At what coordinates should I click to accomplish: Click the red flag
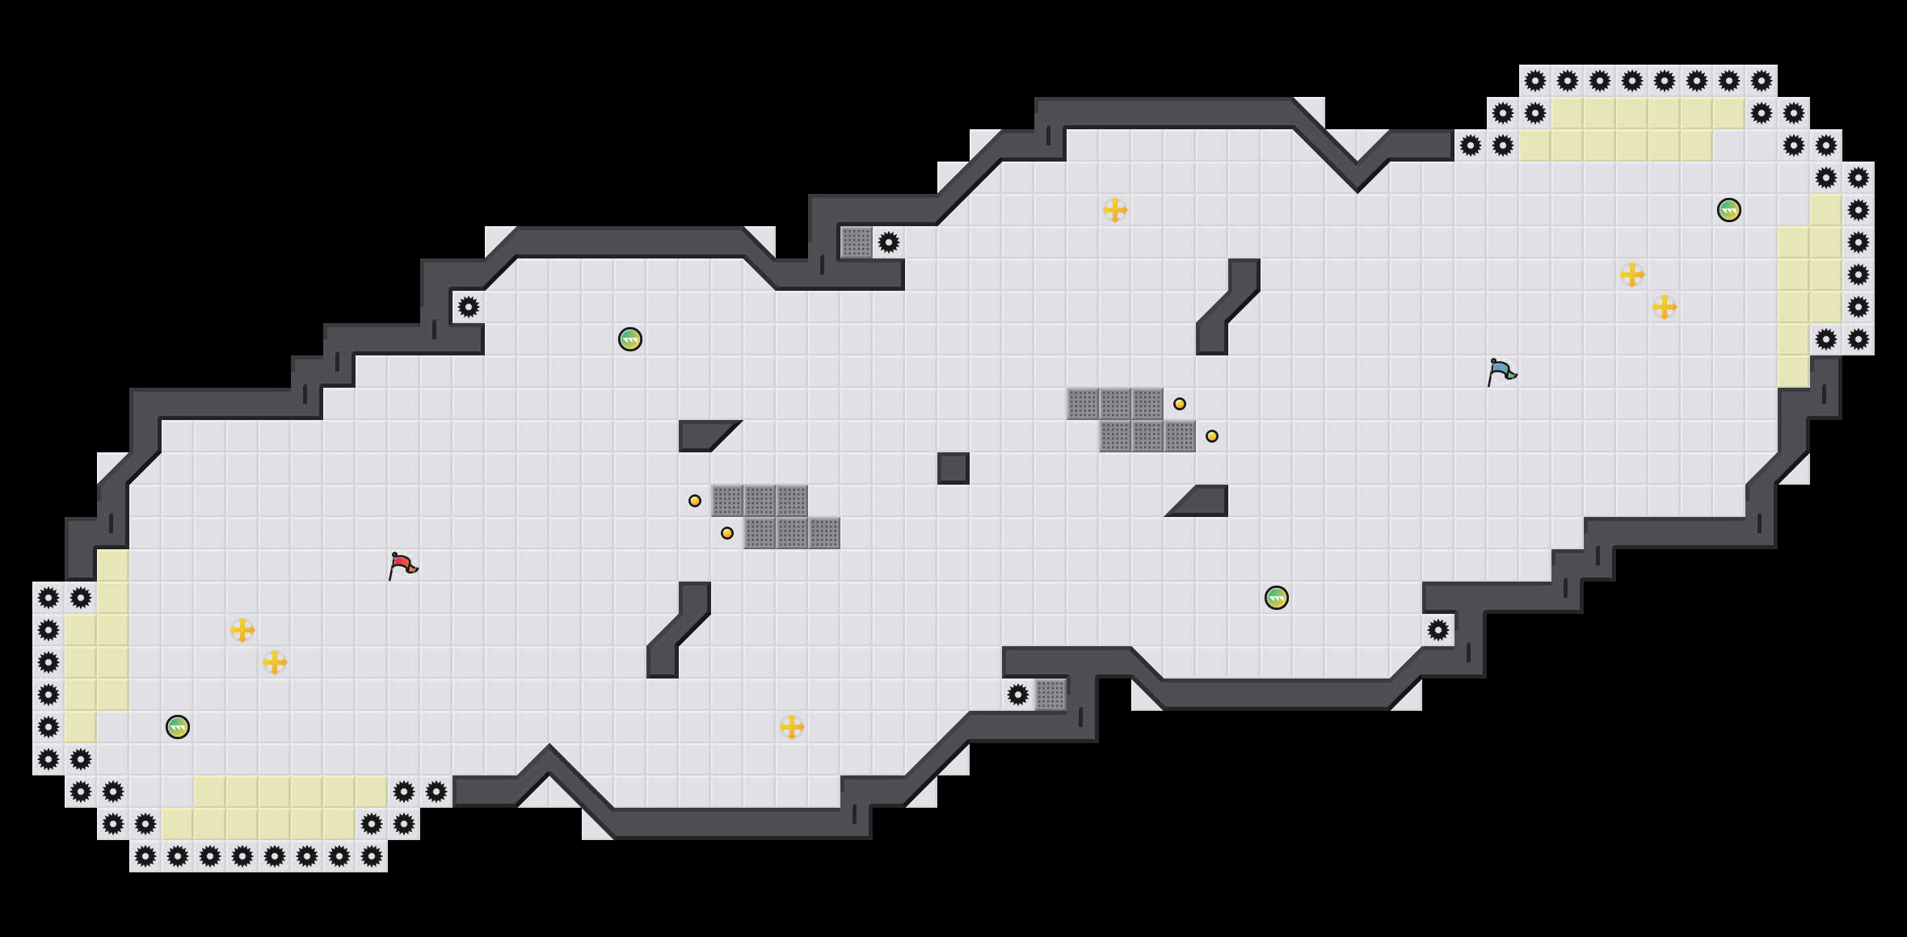(402, 565)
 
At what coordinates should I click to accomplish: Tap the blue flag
(1501, 372)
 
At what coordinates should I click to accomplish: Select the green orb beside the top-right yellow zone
(1728, 210)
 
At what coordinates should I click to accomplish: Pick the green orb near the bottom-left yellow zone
(178, 727)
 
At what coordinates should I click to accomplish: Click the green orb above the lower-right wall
(1276, 598)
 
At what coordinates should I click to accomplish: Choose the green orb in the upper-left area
(630, 339)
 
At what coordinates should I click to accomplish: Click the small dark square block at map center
(953, 468)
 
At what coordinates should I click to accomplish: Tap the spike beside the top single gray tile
(889, 242)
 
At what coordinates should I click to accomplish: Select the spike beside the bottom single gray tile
(1018, 695)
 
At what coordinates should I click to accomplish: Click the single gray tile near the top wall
(857, 242)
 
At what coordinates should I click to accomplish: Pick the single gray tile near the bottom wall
(1050, 695)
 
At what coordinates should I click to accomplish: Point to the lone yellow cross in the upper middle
(1115, 210)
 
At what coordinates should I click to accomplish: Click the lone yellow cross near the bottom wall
(792, 727)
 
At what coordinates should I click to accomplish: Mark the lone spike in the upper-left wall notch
(469, 307)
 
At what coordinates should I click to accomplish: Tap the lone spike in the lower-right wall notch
(1438, 630)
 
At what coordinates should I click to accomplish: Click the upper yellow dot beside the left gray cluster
(695, 501)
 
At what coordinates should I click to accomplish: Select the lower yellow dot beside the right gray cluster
(1212, 436)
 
